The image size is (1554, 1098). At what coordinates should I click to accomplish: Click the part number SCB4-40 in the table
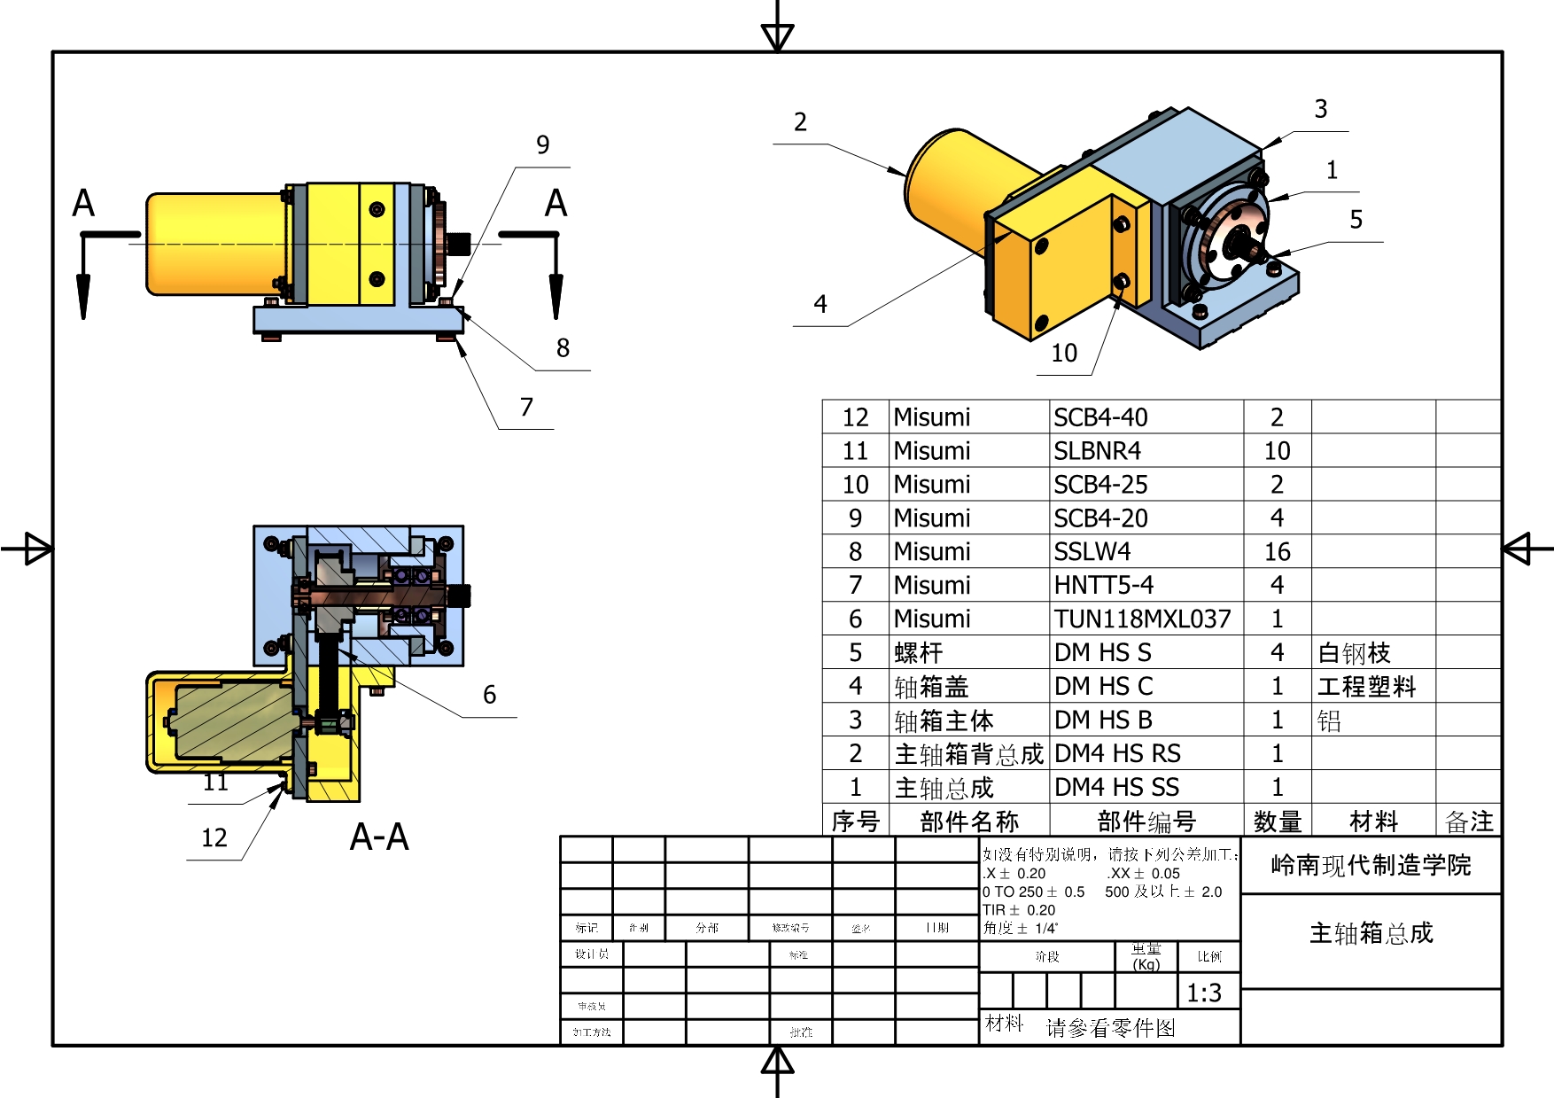1100,417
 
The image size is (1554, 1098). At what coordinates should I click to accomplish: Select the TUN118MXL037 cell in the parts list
1142,619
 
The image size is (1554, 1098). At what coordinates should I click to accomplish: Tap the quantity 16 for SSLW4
1277,552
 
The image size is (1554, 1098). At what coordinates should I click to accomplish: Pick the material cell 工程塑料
1367,687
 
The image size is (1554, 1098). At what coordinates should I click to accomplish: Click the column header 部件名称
969,822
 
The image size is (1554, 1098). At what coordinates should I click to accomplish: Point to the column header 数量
1277,822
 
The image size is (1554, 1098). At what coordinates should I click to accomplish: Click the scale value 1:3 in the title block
1204,993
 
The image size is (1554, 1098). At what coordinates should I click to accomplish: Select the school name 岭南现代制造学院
1371,865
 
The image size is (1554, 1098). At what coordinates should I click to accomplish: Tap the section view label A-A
379,837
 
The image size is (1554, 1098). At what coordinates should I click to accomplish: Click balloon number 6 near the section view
489,695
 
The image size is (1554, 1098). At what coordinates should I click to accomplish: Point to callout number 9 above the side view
543,144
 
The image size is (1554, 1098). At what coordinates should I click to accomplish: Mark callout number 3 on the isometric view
1320,109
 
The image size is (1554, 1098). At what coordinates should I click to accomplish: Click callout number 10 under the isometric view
1064,354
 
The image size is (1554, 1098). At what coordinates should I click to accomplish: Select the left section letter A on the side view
83,203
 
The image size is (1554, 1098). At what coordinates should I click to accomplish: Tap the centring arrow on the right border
1519,549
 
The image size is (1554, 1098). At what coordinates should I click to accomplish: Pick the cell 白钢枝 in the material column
1355,653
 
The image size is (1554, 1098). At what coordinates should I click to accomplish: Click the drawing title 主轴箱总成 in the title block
1371,933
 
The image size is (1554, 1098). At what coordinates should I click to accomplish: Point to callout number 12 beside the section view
214,838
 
